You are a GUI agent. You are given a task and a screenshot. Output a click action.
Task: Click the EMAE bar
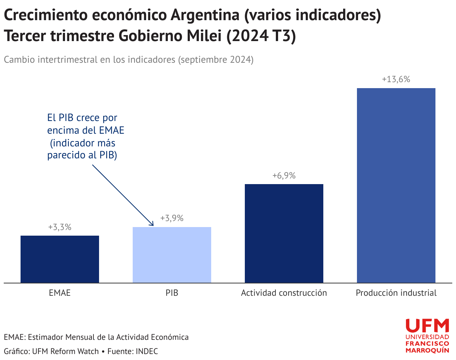60,259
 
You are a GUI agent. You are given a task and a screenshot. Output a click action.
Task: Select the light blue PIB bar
172,255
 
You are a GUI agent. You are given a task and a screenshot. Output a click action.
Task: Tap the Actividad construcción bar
284,233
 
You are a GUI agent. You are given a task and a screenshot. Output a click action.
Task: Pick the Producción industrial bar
396,186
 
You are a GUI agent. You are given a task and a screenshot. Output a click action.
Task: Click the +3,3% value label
60,227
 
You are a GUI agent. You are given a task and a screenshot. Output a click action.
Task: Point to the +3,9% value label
172,218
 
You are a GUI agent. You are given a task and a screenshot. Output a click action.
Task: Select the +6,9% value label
284,176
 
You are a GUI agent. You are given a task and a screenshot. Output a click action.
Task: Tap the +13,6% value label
396,79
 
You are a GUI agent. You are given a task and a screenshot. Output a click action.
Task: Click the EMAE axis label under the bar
60,293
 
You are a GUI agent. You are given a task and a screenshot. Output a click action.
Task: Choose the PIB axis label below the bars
172,293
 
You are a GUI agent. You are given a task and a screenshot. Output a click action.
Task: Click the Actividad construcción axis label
284,293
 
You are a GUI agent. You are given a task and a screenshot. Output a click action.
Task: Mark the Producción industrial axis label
396,293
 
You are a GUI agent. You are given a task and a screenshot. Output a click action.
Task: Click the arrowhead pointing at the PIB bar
151,224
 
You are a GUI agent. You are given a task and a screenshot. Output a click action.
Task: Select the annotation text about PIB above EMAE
86,137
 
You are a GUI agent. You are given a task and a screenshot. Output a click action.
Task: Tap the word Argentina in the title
205,15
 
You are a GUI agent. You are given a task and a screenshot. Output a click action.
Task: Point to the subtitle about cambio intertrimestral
129,60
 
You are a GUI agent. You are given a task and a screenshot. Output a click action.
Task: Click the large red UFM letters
427,326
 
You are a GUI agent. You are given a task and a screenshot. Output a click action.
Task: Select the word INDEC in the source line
147,351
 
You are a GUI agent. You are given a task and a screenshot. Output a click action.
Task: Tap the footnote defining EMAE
96,337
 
